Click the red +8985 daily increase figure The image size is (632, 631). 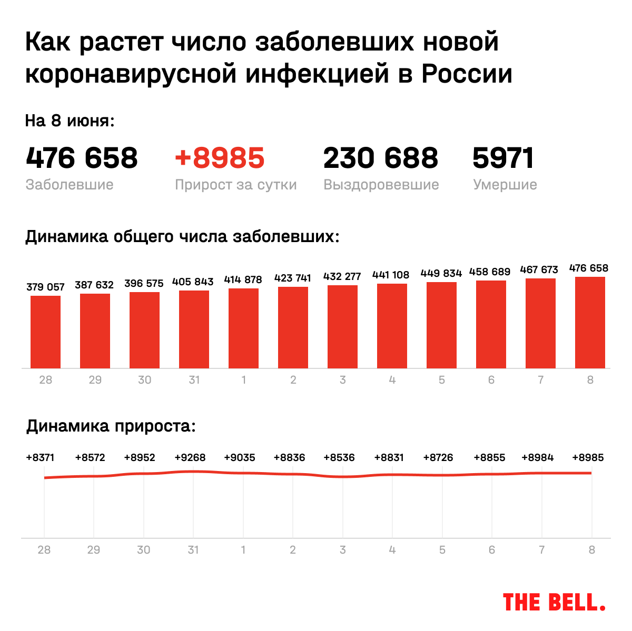click(x=220, y=158)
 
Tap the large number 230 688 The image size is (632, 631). click(x=380, y=158)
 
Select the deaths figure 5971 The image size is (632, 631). click(x=503, y=158)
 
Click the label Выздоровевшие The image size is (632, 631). click(x=381, y=185)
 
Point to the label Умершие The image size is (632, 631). click(x=505, y=185)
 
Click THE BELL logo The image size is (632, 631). click(x=554, y=602)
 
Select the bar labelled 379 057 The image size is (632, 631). click(x=45, y=332)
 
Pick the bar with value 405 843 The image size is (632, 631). click(x=194, y=329)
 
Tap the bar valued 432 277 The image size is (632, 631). click(x=342, y=327)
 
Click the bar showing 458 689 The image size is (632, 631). click(x=491, y=324)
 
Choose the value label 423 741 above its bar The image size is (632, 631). click(x=293, y=278)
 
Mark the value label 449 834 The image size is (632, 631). click(x=441, y=273)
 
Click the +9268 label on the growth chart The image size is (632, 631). click(x=190, y=457)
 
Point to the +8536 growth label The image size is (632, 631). click(x=339, y=457)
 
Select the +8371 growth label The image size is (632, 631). click(x=40, y=457)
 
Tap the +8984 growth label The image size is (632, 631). click(x=538, y=457)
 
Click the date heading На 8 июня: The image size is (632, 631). click(x=70, y=121)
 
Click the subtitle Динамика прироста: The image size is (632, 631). click(x=111, y=426)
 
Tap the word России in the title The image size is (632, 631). click(x=467, y=74)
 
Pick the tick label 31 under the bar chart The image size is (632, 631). click(x=194, y=379)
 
